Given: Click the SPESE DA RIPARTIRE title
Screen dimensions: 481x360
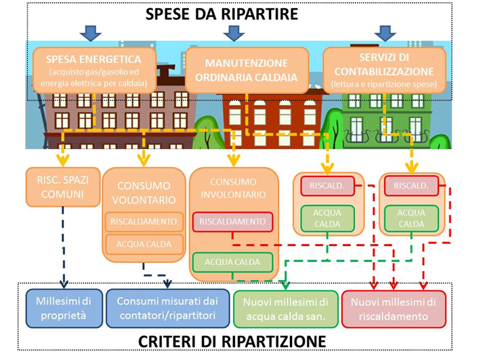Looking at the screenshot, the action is [x=222, y=14].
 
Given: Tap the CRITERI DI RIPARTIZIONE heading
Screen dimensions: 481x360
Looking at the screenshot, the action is [x=232, y=342].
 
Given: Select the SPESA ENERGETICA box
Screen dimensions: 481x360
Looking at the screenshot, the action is [x=94, y=71].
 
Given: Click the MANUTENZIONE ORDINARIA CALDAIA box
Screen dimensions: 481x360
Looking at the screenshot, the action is [x=247, y=71].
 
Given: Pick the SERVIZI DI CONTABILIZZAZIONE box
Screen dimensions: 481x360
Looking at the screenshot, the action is [x=384, y=71].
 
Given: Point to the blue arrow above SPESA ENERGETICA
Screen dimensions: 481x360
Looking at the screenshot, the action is [x=91, y=33].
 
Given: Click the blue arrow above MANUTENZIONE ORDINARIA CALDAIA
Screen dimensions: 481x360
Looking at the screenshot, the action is [x=234, y=33].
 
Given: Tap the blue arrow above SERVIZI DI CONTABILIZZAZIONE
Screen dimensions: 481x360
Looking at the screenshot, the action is [x=385, y=33].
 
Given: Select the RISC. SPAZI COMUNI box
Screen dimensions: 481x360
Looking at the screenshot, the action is [x=63, y=187].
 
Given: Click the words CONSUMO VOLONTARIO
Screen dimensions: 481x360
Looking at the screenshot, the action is [x=144, y=193].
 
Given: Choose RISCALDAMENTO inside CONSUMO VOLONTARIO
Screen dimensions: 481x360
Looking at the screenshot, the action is [x=144, y=222].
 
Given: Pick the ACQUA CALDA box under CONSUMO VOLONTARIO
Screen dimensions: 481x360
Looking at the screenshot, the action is [x=144, y=244].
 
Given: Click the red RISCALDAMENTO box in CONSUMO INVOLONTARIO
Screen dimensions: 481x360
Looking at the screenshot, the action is [x=232, y=222].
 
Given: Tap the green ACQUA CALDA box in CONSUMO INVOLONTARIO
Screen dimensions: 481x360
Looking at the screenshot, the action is [x=232, y=262].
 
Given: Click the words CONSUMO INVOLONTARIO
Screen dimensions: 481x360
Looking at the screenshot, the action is [x=233, y=188].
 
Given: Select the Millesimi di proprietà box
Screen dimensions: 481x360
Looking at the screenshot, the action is [x=64, y=308].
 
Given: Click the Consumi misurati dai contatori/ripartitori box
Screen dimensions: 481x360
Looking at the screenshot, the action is [x=167, y=308].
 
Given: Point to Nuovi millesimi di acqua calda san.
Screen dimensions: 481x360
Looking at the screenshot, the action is [x=286, y=309].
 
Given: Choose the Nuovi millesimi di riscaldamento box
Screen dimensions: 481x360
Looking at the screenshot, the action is [x=394, y=309].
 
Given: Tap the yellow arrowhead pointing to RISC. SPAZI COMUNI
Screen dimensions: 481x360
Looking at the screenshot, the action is [x=63, y=160].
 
